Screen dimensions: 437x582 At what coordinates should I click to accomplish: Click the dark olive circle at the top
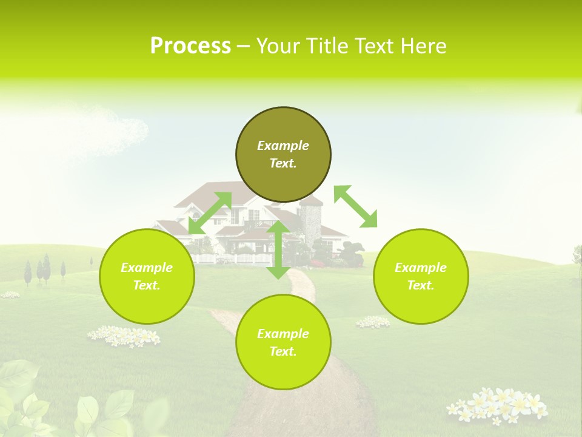pyautogui.click(x=283, y=155)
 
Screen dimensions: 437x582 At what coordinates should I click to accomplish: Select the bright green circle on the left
pyautogui.click(x=147, y=276)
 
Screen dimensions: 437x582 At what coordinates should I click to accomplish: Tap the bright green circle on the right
pyautogui.click(x=421, y=276)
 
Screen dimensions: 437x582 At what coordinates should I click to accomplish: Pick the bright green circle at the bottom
pyautogui.click(x=283, y=342)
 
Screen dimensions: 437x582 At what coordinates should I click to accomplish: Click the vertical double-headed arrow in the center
pyautogui.click(x=278, y=250)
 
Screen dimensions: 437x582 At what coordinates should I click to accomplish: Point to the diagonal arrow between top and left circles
pyautogui.click(x=210, y=213)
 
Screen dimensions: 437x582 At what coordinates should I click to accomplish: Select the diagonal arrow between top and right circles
pyautogui.click(x=355, y=206)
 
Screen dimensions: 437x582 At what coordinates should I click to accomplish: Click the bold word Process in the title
pyautogui.click(x=190, y=46)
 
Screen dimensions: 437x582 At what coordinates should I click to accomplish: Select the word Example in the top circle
pyautogui.click(x=283, y=146)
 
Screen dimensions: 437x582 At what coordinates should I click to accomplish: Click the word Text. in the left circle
pyautogui.click(x=147, y=285)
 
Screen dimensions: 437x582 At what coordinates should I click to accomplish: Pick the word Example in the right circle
pyautogui.click(x=421, y=268)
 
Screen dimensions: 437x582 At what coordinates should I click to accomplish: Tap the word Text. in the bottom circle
pyautogui.click(x=283, y=351)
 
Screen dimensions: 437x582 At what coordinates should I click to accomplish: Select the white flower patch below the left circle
pyautogui.click(x=124, y=336)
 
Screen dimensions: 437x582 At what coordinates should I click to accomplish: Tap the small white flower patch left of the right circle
pyautogui.click(x=373, y=322)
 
